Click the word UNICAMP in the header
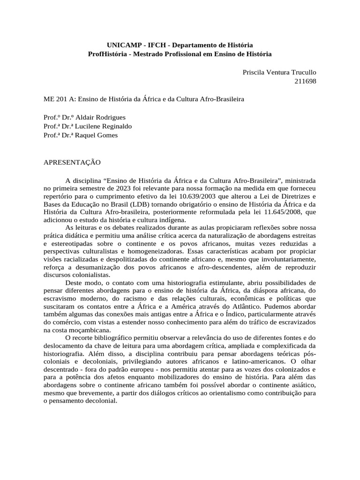tap(122, 45)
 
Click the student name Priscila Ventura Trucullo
tap(279, 72)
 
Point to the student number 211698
tap(305, 81)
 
